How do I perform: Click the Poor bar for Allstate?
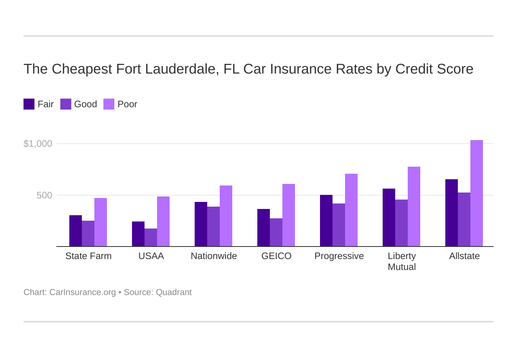[476, 193]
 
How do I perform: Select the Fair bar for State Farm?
[76, 231]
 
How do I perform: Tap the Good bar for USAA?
[151, 238]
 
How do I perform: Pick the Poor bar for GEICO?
[289, 215]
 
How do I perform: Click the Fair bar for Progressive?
[326, 221]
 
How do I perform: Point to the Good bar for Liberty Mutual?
[401, 223]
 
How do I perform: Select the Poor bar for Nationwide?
[226, 216]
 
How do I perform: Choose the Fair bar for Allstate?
[452, 213]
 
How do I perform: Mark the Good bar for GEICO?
[276, 232]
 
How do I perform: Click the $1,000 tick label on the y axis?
[38, 144]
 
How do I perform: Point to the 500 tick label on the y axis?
[44, 195]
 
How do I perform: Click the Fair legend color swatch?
[29, 104]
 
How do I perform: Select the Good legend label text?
[85, 104]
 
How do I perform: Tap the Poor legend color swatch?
[109, 104]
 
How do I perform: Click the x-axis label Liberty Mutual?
[402, 261]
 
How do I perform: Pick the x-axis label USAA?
[151, 256]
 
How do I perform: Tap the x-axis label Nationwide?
[214, 256]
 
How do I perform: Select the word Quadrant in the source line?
[174, 292]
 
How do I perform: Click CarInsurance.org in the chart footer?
[83, 292]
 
